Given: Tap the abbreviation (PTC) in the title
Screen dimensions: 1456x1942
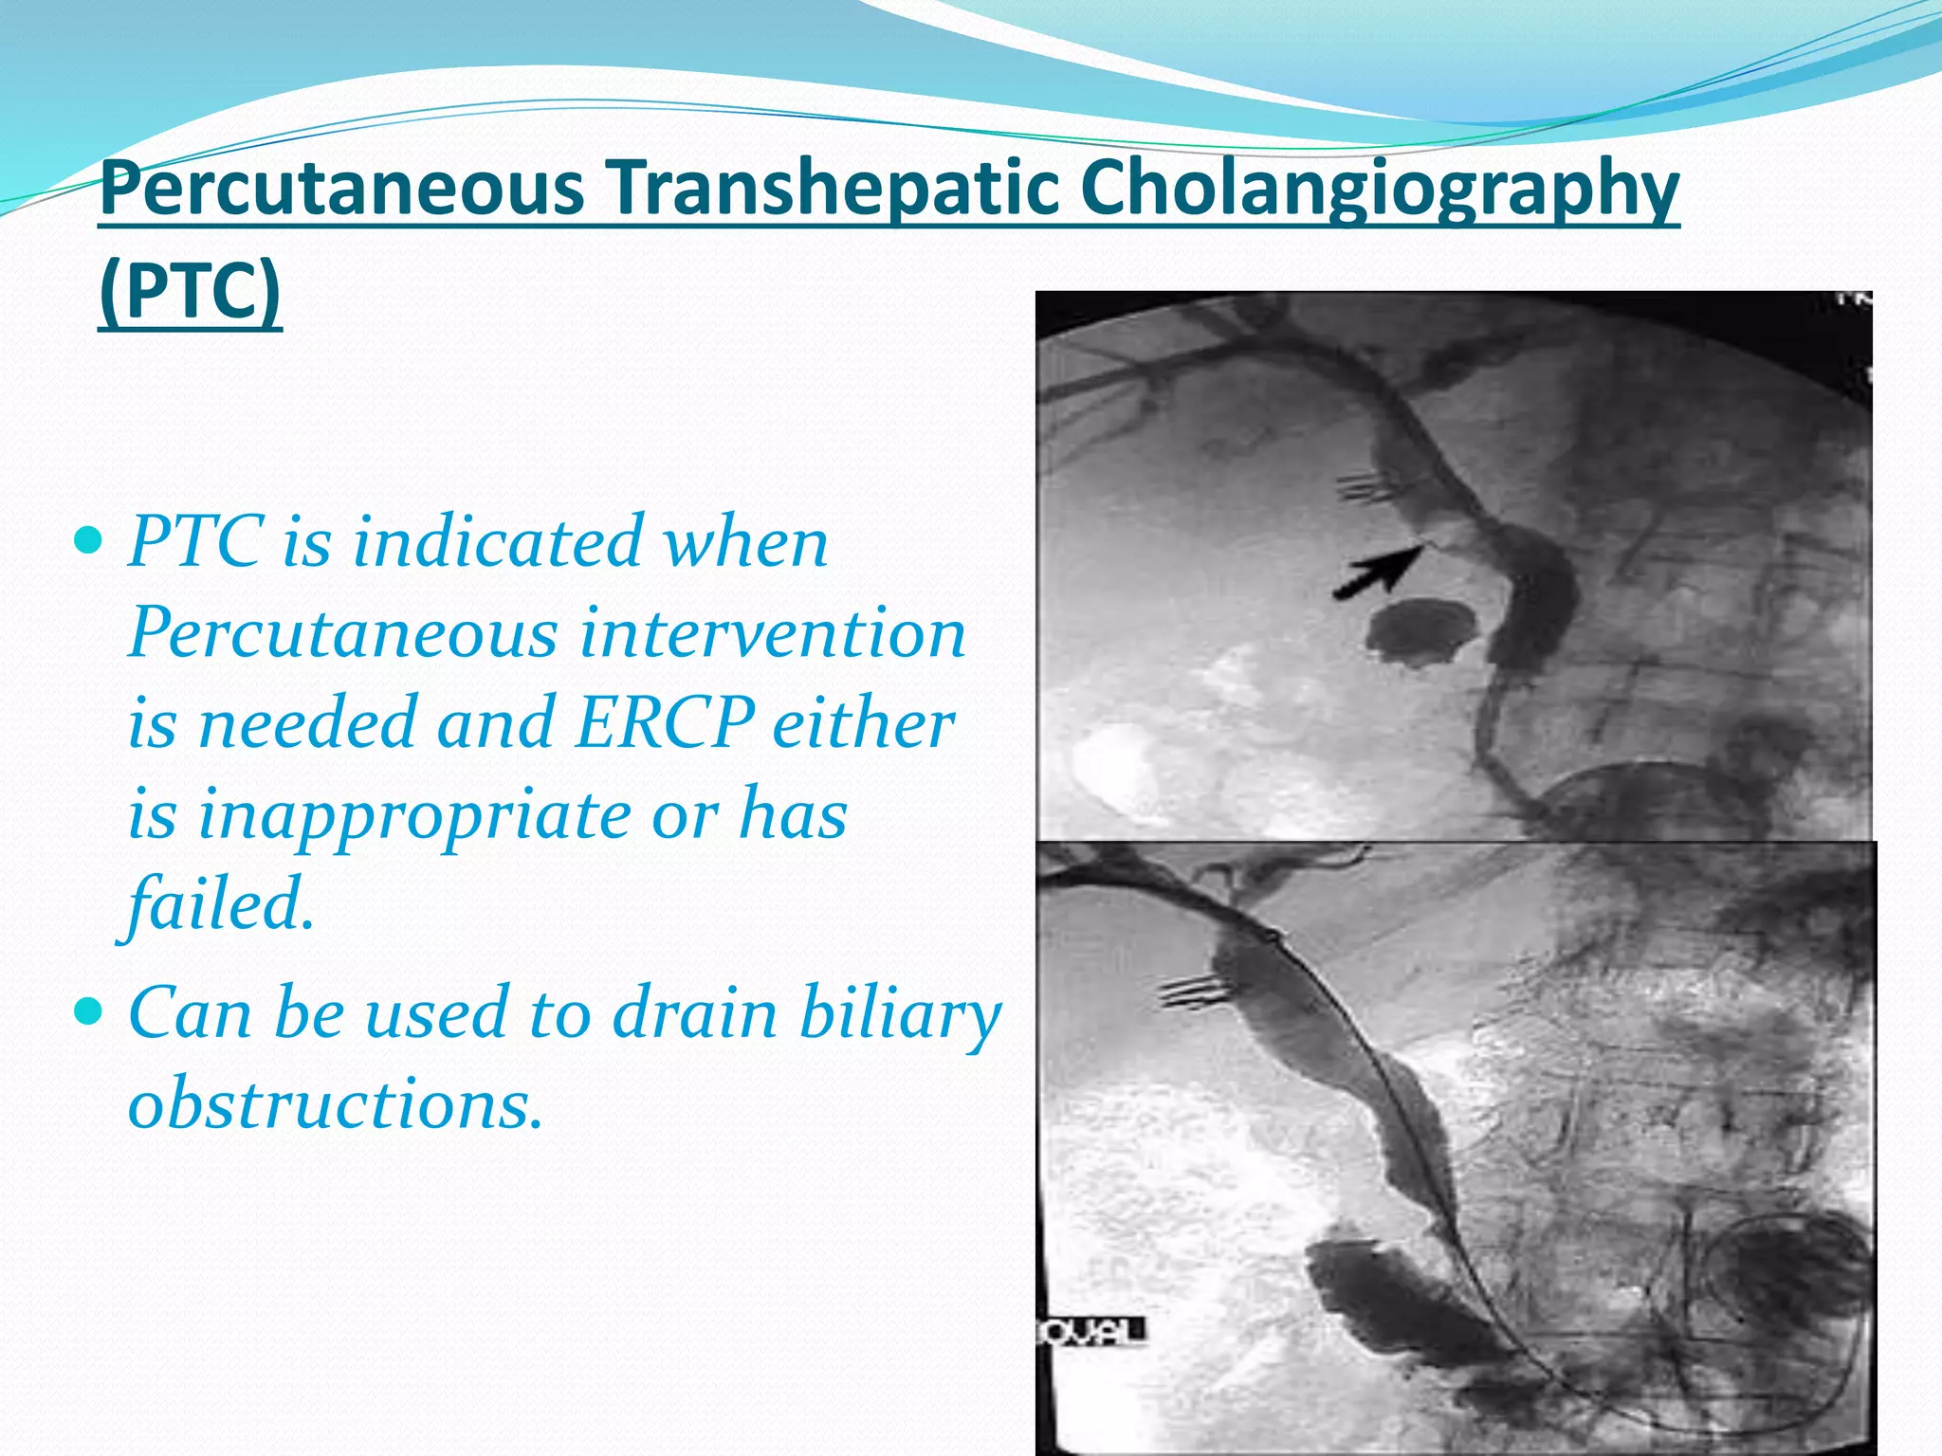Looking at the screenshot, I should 190,292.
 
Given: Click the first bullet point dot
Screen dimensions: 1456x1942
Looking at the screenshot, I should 87,542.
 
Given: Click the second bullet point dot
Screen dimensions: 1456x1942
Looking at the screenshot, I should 87,1013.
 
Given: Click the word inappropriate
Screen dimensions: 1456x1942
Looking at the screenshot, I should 414,814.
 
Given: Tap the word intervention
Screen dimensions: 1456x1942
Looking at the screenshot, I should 773,633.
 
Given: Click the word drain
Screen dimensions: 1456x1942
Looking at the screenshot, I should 695,1013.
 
